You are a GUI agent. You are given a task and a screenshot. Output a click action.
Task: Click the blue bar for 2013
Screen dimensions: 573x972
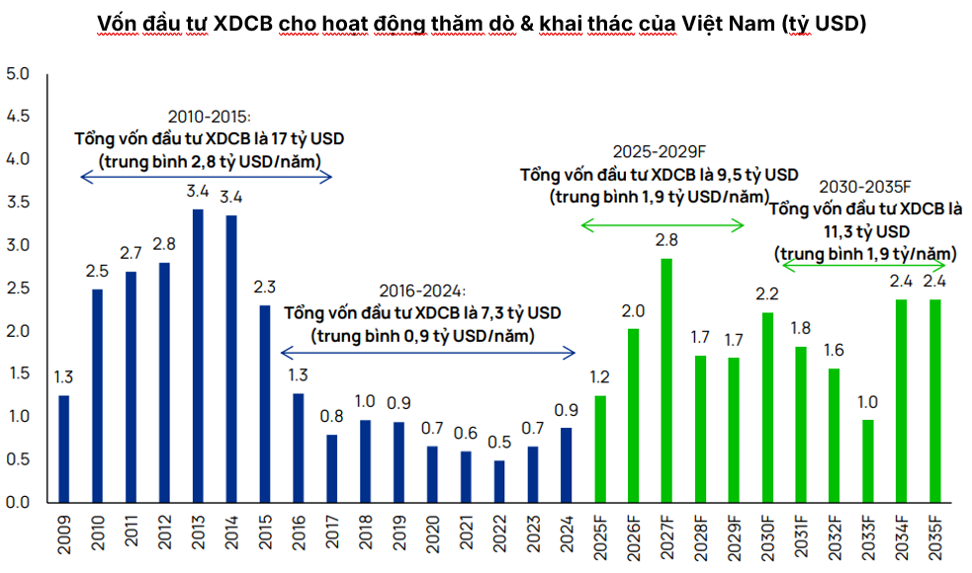(198, 356)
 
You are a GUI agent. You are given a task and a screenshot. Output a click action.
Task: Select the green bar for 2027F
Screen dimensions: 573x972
(666, 380)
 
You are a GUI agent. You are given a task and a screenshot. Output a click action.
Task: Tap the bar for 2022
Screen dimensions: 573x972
(499, 481)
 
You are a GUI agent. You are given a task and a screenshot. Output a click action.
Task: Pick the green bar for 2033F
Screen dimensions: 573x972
(867, 460)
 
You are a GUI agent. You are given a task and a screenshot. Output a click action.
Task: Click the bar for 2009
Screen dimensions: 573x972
(64, 449)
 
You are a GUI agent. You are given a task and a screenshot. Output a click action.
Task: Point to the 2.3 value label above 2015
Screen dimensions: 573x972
(265, 287)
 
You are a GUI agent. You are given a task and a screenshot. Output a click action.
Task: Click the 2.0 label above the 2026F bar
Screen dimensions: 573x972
(633, 311)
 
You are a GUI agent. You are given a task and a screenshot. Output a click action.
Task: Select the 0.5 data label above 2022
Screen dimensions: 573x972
(499, 443)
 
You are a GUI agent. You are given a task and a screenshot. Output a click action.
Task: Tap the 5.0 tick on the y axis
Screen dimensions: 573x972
(18, 74)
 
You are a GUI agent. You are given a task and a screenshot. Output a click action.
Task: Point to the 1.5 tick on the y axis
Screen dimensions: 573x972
(18, 373)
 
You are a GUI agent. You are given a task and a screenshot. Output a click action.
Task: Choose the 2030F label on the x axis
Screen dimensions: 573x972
(767, 537)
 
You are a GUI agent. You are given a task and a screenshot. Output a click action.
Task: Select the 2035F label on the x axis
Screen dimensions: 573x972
(934, 537)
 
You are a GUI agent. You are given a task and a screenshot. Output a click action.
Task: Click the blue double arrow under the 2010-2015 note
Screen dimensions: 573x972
(205, 177)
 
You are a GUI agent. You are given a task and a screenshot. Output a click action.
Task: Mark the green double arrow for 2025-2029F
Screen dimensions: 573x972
(662, 226)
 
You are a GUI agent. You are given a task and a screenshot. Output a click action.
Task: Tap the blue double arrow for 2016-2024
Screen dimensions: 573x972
(428, 352)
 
